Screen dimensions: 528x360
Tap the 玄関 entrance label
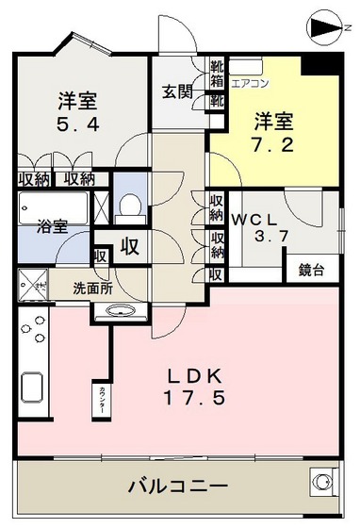[177, 91]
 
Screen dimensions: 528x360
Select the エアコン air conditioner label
[251, 82]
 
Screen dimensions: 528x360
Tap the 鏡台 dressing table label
[312, 271]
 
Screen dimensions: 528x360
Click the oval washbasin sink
[121, 311]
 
